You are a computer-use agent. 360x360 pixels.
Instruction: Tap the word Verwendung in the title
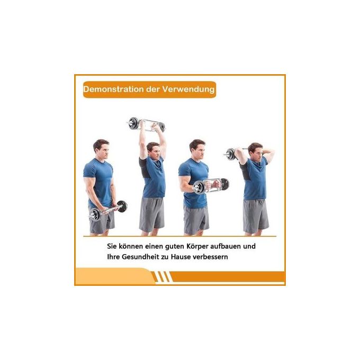(188, 89)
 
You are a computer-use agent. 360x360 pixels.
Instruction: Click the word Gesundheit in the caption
(140, 257)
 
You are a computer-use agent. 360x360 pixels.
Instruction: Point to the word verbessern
(210, 257)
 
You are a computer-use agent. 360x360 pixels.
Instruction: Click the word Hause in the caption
(181, 257)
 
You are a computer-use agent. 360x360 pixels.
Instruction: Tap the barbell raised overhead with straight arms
(146, 124)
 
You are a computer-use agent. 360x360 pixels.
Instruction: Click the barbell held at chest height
(210, 185)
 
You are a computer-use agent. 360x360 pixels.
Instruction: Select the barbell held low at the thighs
(108, 210)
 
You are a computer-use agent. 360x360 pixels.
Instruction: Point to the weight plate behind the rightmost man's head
(231, 154)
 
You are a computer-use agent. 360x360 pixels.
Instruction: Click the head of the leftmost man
(101, 148)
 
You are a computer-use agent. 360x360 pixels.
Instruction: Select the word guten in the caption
(175, 247)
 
